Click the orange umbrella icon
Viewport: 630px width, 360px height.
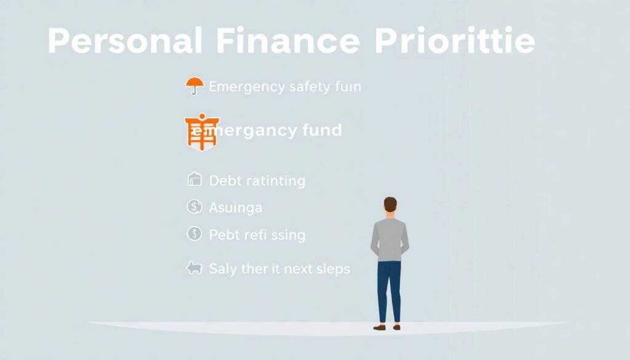(x=194, y=86)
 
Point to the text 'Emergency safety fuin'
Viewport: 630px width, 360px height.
(x=285, y=87)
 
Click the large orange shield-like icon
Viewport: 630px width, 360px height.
(x=202, y=131)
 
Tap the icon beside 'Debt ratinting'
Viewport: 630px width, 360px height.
(x=194, y=180)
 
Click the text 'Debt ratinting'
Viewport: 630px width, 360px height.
(x=257, y=181)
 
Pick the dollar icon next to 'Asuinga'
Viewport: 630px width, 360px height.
(x=194, y=207)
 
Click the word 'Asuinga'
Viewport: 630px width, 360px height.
(x=236, y=208)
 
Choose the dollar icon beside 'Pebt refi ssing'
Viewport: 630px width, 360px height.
(x=194, y=234)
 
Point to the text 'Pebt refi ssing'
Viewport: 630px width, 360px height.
(x=257, y=235)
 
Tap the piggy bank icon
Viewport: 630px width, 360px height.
(x=194, y=268)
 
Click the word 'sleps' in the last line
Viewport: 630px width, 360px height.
(x=331, y=269)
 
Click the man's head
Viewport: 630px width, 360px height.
(x=390, y=206)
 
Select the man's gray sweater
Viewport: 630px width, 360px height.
(x=390, y=239)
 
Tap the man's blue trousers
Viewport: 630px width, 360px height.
(x=389, y=289)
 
